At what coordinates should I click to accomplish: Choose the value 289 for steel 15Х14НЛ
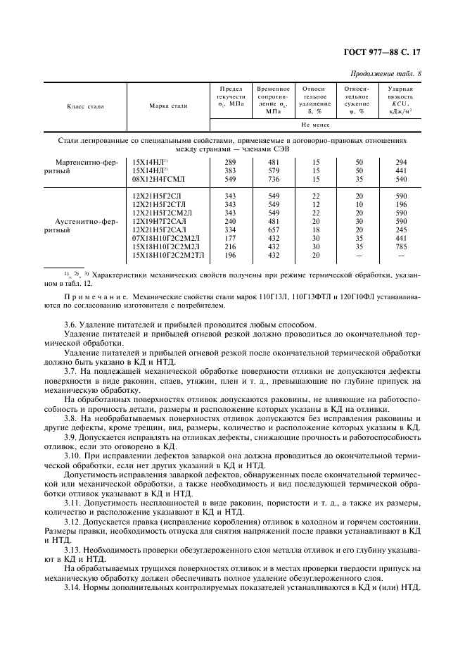tap(230, 162)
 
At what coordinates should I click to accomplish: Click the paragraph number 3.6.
tap(72, 325)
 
